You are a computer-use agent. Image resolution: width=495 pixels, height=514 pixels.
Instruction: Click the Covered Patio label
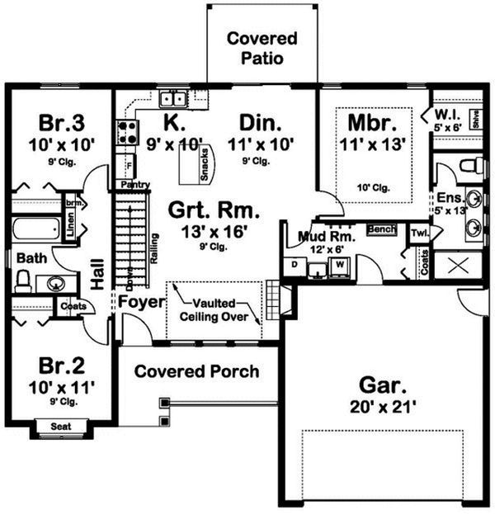coord(262,49)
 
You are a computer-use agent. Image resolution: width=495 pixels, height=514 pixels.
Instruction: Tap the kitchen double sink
coord(174,100)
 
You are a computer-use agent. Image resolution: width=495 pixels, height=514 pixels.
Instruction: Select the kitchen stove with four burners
coord(126,132)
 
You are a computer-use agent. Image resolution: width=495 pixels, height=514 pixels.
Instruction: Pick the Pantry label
coord(134,185)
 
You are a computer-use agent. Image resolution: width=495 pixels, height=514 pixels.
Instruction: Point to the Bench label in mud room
coord(380,229)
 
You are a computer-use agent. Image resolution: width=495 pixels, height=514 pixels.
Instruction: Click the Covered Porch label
coord(196,371)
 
